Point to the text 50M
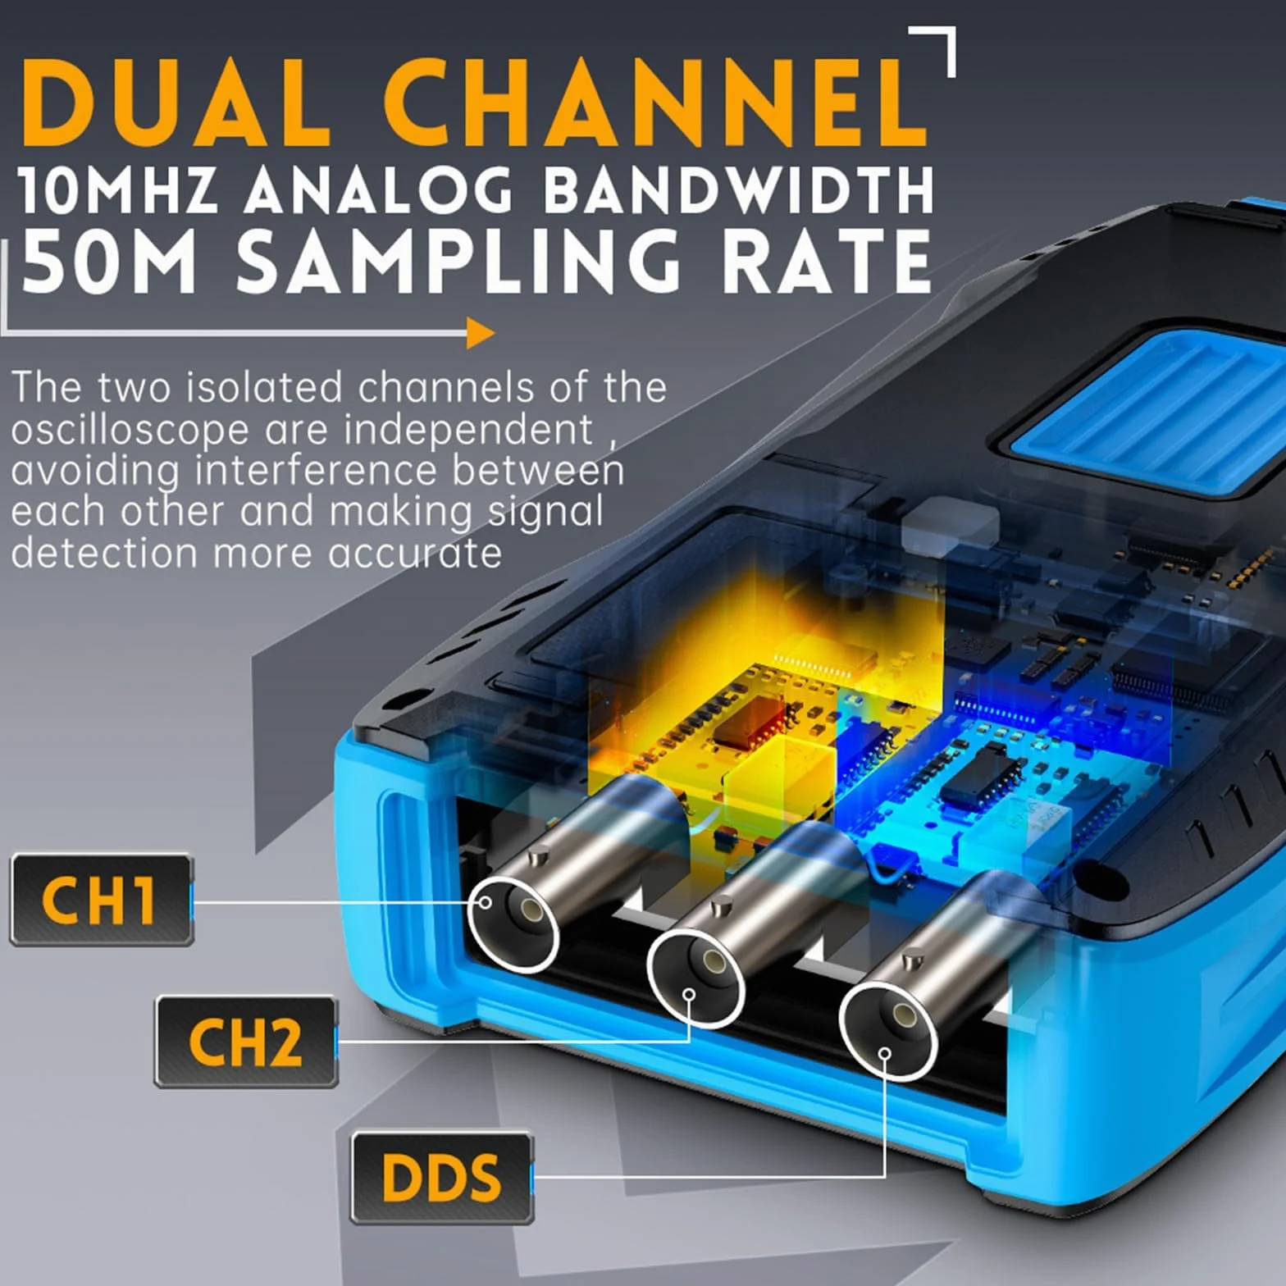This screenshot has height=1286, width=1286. tap(109, 260)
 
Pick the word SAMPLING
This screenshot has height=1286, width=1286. tap(458, 260)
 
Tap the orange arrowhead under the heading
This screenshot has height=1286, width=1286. tap(481, 333)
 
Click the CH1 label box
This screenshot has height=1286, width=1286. tap(102, 900)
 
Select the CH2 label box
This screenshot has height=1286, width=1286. tap(246, 1042)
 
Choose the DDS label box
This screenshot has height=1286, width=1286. tap(442, 1178)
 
